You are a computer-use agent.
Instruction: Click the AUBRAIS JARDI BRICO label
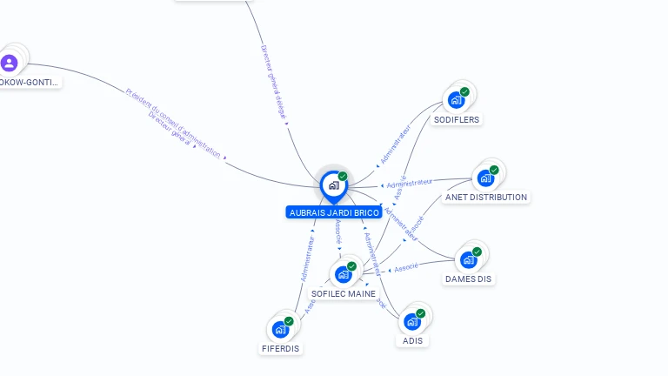click(334, 212)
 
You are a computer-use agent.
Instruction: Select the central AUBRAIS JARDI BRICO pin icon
click(333, 185)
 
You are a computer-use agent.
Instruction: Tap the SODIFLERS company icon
click(456, 100)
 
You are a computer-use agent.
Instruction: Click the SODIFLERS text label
click(457, 119)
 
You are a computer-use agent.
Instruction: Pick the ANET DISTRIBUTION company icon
click(485, 178)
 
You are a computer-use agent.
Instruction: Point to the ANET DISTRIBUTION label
click(486, 198)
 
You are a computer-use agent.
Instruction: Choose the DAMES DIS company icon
click(469, 259)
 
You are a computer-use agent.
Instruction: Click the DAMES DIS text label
click(469, 279)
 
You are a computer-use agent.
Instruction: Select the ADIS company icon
click(412, 321)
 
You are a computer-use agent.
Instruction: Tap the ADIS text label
click(412, 340)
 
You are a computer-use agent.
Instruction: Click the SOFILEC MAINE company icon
click(343, 274)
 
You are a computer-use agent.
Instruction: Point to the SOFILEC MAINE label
click(344, 294)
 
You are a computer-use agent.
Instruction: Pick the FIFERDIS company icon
click(280, 329)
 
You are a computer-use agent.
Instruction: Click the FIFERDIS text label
click(281, 349)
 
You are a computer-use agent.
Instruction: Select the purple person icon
click(10, 63)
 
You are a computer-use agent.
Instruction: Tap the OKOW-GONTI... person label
click(30, 82)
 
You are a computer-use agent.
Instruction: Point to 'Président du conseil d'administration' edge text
click(173, 123)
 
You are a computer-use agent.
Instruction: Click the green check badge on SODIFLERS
click(464, 91)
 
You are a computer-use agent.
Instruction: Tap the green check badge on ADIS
click(421, 312)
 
